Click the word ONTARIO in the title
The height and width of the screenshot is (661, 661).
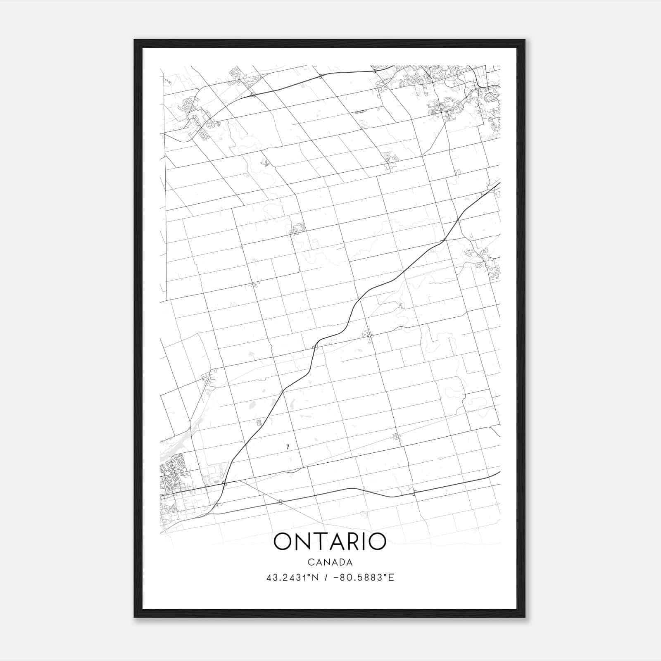click(x=330, y=542)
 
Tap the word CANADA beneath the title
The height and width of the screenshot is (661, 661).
click(x=330, y=562)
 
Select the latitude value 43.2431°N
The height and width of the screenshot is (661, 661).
click(x=292, y=578)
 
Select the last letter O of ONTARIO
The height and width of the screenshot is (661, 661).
click(x=377, y=542)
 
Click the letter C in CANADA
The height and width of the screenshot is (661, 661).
click(x=310, y=562)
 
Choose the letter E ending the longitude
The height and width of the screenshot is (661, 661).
click(x=392, y=578)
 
